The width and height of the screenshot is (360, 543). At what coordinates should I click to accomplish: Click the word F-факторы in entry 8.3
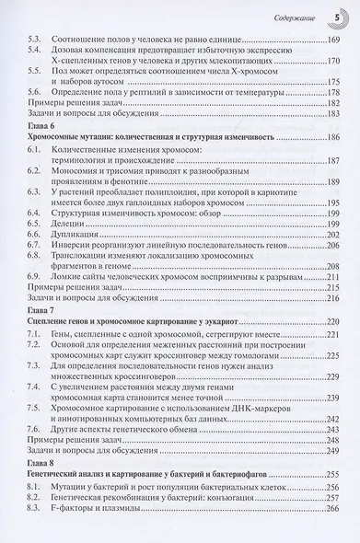coord(86,535)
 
